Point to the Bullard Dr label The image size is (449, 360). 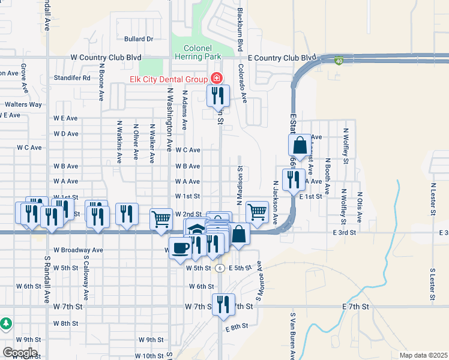(x=139, y=39)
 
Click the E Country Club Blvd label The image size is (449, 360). (x=282, y=58)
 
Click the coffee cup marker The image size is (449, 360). (x=179, y=248)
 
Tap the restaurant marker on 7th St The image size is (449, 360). (x=223, y=304)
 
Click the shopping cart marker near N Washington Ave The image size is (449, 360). (x=161, y=218)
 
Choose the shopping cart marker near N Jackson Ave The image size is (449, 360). (x=257, y=211)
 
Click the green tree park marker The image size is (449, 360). (x=6, y=323)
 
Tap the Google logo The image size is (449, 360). (x=19, y=353)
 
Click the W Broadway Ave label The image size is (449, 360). (x=78, y=250)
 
